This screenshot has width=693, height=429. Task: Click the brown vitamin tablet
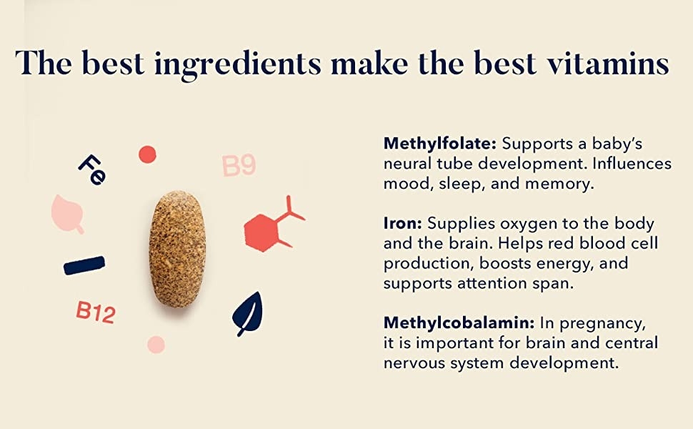177,249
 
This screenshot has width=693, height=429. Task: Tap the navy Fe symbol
92,170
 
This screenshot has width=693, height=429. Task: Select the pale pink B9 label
239,166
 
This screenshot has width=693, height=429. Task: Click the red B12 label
96,312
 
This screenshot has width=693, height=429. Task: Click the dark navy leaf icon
247,314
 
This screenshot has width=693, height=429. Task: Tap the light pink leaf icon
67,214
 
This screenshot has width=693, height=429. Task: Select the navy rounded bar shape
84,265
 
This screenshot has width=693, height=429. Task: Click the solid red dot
147,154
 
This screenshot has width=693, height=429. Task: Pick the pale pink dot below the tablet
156,345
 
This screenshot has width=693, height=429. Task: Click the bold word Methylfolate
440,144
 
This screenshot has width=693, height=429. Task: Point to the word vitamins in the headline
608,63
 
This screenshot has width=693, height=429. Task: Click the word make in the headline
369,63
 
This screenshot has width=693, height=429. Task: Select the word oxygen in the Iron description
529,225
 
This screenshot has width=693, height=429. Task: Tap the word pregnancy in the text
602,324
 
